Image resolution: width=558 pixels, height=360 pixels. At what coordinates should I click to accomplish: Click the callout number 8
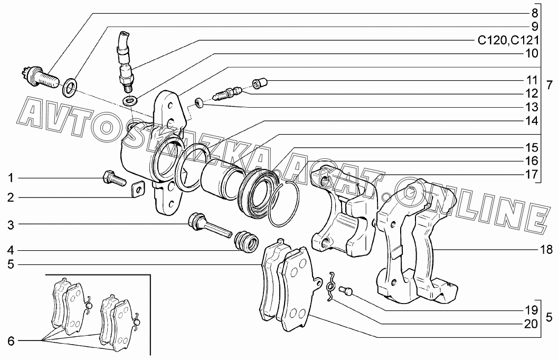534,13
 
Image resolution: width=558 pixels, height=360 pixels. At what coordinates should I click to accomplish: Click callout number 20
531,323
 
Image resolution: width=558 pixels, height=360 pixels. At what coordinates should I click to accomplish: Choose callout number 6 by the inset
10,341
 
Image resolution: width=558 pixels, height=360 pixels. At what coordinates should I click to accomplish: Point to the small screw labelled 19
346,290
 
